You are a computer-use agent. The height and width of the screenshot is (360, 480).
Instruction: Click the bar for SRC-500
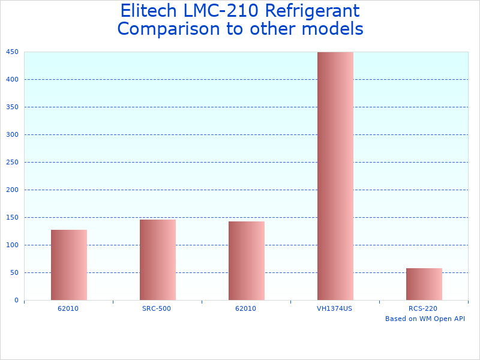coord(158,260)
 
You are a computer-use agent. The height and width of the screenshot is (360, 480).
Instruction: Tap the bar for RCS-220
coord(424,284)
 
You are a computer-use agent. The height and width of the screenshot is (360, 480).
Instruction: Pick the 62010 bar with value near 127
coord(69,265)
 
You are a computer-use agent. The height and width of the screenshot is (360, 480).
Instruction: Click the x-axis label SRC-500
coord(158,308)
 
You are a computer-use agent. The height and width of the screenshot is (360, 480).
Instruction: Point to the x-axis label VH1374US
coord(335,308)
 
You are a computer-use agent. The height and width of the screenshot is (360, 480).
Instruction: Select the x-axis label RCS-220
coord(423,308)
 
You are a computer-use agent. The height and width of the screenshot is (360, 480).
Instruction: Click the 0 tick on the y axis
coord(17,300)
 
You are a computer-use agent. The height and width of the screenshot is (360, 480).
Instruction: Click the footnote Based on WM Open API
coord(425,319)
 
